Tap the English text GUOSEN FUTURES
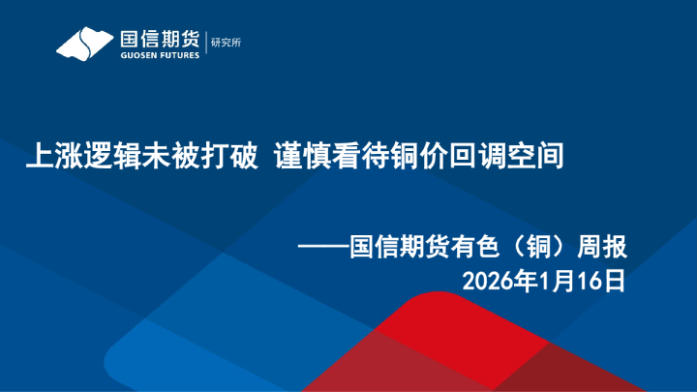[x=160, y=55]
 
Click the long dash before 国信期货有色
[x=324, y=248]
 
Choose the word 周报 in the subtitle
[x=603, y=248]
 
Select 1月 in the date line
[x=559, y=282]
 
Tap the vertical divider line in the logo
[x=205, y=44]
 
